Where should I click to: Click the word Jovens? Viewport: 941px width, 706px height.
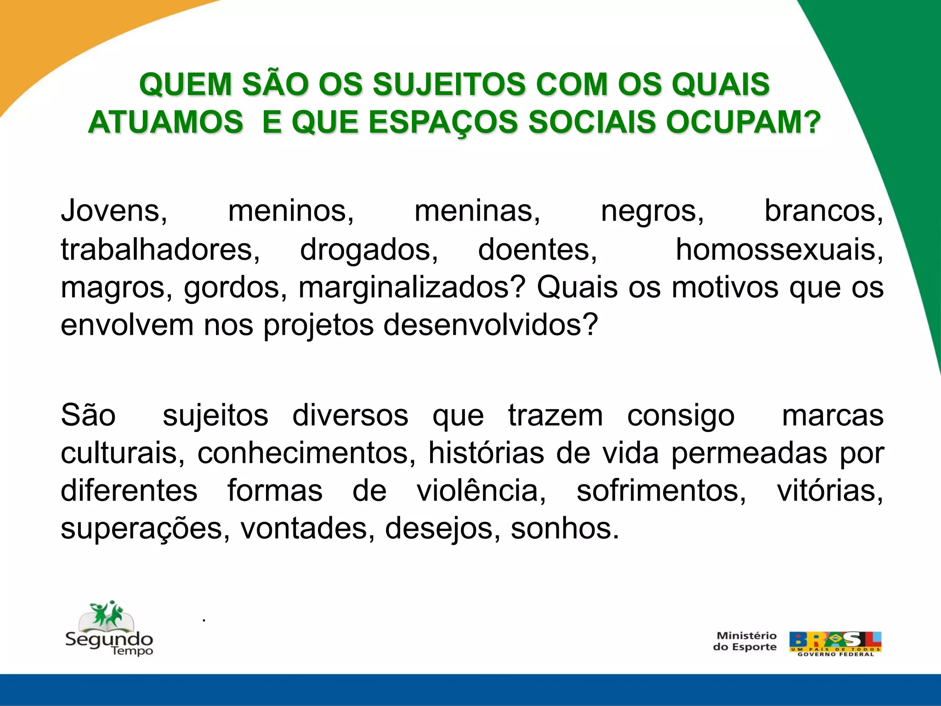coord(114,211)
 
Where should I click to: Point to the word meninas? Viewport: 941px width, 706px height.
coord(477,211)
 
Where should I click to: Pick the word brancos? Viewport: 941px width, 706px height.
coord(823,211)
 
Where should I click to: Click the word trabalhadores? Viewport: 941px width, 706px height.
coord(160,250)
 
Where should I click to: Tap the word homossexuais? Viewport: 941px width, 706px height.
coord(779,250)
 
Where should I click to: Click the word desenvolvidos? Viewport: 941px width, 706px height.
coord(490,325)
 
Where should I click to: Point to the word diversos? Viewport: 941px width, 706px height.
coord(350,416)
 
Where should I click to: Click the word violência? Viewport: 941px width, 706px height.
coord(481,491)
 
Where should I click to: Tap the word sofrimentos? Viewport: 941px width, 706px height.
coord(661,491)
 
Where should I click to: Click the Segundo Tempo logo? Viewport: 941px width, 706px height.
coord(109,630)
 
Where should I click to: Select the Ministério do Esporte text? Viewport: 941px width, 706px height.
coord(745,641)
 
